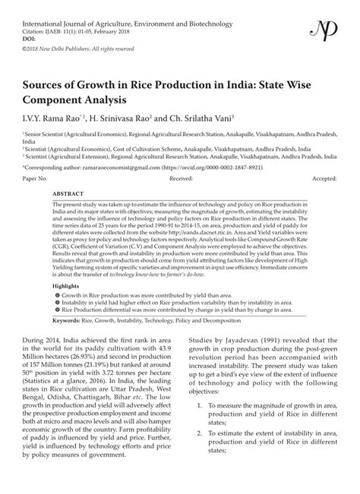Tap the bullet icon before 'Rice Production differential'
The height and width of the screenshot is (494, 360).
pos(56,310)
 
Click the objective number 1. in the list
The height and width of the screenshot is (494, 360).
pos(200,427)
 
